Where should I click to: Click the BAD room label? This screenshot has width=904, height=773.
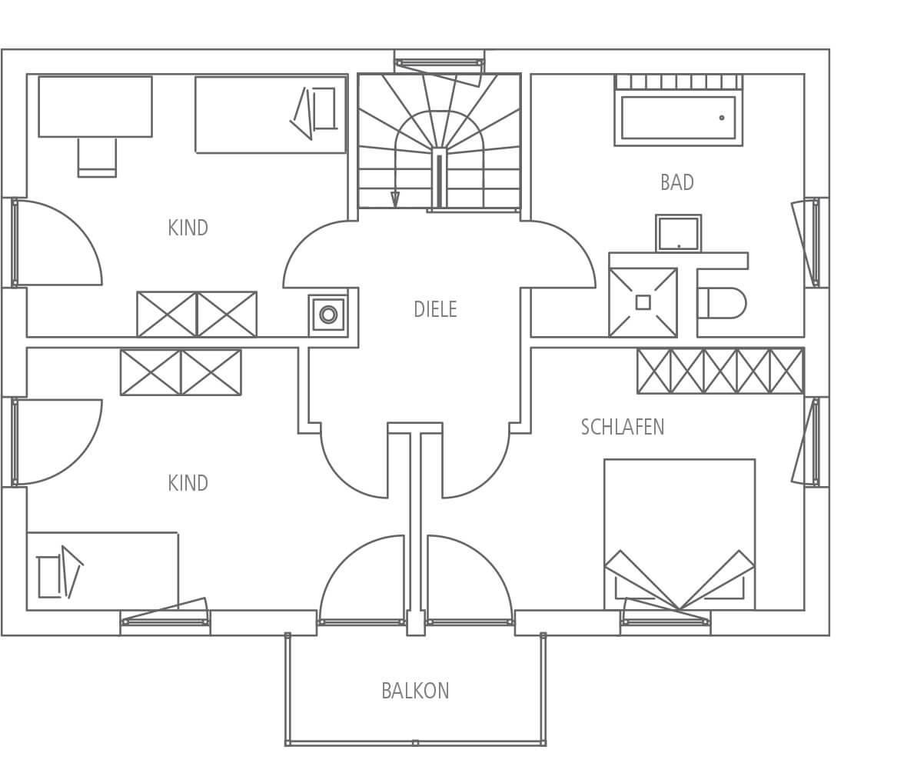coord(676,182)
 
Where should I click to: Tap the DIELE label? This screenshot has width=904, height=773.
coord(435,309)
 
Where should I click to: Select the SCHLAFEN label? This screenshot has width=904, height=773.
coord(623,427)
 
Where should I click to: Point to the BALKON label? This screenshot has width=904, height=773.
coord(415,691)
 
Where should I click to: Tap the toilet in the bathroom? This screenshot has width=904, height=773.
coord(723,303)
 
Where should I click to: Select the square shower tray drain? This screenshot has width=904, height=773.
coord(643,302)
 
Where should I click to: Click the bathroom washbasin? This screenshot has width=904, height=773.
coord(678,233)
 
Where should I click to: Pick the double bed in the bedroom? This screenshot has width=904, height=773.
coord(680,523)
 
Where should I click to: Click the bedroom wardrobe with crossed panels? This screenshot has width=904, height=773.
coord(720,371)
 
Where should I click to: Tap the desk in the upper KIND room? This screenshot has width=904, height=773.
coord(95,106)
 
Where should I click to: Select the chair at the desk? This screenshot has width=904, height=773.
coord(97,157)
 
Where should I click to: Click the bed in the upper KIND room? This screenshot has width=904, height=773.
coord(271,115)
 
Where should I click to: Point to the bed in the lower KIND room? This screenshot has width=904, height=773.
coord(102,571)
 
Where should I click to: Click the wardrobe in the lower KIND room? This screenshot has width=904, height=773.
coord(181,372)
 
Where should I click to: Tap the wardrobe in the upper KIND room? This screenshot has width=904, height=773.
coord(197,314)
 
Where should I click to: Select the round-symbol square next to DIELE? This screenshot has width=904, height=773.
coord(328,315)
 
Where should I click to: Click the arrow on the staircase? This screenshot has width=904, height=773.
coord(395,199)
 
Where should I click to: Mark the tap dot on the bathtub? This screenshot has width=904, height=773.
coord(722,118)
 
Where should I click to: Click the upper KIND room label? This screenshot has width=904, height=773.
coord(188,228)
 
